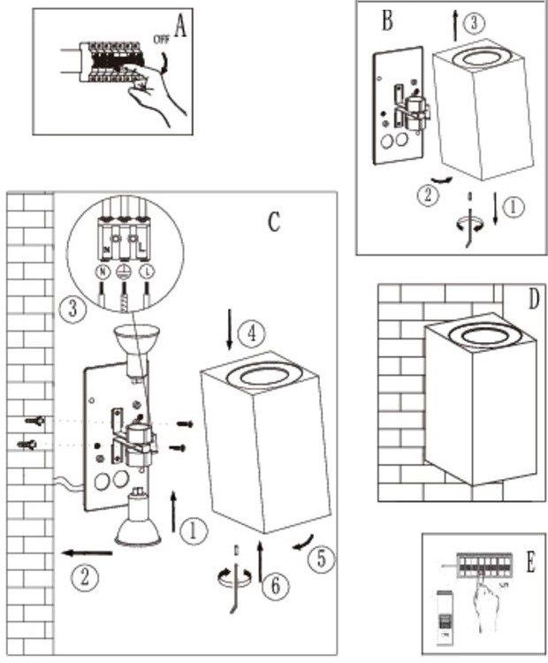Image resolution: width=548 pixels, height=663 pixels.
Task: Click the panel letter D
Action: click(533, 299)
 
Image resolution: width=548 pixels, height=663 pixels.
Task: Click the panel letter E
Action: click(530, 563)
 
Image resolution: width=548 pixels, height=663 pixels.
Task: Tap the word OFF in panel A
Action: click(162, 39)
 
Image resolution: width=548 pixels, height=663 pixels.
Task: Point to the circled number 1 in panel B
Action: click(513, 209)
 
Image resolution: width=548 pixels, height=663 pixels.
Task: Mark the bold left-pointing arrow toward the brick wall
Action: click(88, 553)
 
